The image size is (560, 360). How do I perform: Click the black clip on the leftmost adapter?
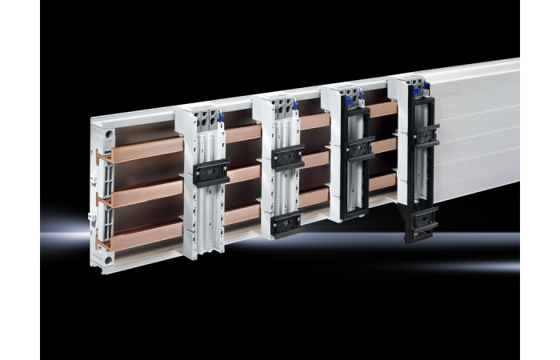tap(211, 172)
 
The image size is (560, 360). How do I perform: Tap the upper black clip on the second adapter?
tap(287, 157)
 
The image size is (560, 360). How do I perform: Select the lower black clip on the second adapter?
tap(286, 223)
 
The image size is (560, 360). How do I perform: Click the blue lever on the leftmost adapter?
tap(220, 117)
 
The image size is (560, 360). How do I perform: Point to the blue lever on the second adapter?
tap(294, 105)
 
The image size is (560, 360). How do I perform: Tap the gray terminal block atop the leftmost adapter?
tap(206, 119)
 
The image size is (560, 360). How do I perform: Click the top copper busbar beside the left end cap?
tap(144, 150)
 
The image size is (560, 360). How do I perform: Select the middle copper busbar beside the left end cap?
tap(144, 192)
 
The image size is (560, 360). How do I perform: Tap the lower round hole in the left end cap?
tap(106, 259)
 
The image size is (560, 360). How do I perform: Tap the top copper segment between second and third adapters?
tap(314, 121)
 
